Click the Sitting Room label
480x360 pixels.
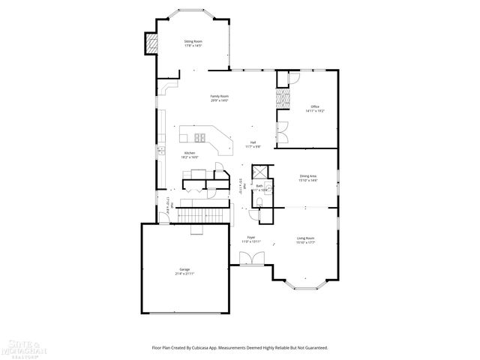tap(193, 43)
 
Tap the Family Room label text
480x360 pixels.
tap(219, 98)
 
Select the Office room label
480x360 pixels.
tap(314, 108)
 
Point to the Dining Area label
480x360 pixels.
tap(308, 178)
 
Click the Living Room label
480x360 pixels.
tap(305, 241)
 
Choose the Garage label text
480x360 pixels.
tap(184, 271)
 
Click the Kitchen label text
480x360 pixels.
tap(190, 154)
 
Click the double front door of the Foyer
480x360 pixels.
tap(250, 259)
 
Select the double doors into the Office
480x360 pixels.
tap(283, 134)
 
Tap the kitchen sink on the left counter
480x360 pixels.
tap(160, 152)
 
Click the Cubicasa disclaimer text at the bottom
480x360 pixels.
tap(240, 347)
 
